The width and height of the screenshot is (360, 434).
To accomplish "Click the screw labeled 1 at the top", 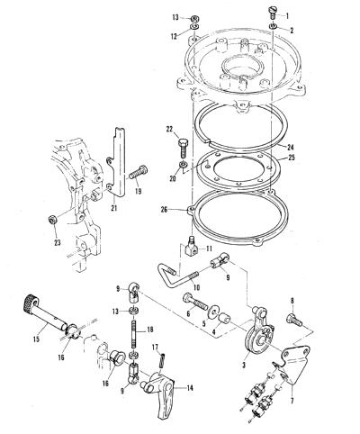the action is point(272,13).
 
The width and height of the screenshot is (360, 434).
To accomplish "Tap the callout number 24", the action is point(290,148).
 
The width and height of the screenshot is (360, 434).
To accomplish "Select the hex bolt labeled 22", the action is point(183,147).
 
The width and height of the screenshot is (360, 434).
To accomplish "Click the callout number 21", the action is point(113,208).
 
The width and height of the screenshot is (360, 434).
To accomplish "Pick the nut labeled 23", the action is point(53,220).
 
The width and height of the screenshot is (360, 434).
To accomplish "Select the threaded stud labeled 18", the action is point(134,335).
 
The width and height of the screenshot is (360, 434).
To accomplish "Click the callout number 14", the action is point(190,388).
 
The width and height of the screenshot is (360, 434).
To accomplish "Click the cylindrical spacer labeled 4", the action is point(225,319).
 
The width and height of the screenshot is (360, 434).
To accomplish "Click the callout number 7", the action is point(292,401).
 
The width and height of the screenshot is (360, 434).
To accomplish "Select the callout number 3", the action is point(244,365).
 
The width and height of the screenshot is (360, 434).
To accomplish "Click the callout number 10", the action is point(196,287).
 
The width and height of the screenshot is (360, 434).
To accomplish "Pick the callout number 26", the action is point(164,210).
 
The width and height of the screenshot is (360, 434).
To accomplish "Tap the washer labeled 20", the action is point(182,165).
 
